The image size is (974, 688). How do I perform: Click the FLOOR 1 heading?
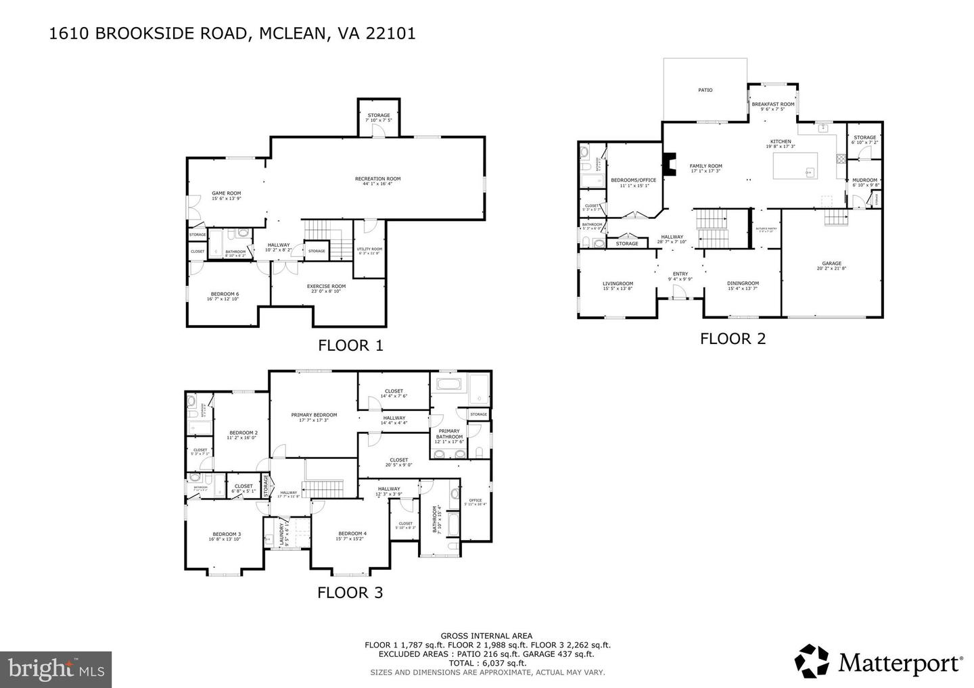(x=350, y=345)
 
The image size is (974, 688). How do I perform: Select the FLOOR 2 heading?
(x=733, y=339)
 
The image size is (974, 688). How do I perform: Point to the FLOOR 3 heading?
(x=350, y=593)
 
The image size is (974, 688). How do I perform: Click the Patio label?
(x=705, y=90)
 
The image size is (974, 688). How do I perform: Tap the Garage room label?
(x=831, y=264)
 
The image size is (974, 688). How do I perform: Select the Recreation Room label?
(x=377, y=179)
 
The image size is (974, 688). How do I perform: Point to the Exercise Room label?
(x=326, y=287)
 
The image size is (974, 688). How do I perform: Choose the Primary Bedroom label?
(x=314, y=416)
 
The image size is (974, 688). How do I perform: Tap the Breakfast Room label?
(x=772, y=105)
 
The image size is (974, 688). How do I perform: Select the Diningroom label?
(x=743, y=284)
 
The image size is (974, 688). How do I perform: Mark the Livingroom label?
(x=618, y=284)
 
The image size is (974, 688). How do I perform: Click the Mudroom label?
(x=864, y=180)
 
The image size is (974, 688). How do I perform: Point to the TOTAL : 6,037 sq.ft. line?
(x=486, y=663)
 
